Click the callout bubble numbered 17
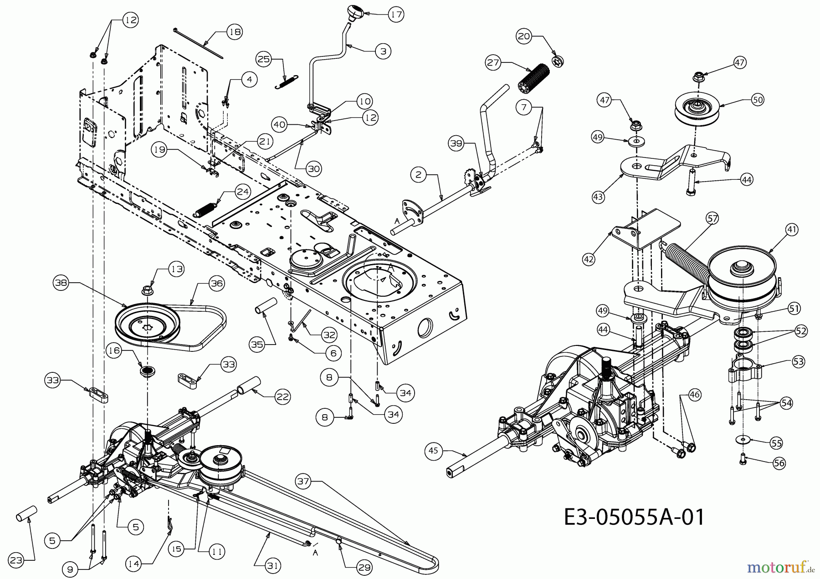point(396,15)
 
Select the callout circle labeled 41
point(792,230)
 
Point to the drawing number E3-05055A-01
point(634,517)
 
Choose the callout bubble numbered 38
point(61,283)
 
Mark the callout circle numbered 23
point(16,561)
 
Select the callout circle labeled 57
point(712,219)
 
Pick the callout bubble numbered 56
point(779,463)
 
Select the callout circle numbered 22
point(283,397)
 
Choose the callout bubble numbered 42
point(589,259)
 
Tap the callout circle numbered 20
point(524,36)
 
